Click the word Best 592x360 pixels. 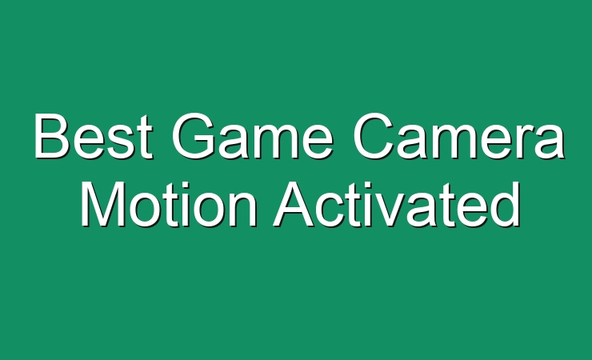(94, 136)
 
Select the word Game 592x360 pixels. (252, 136)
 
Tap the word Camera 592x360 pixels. (458, 136)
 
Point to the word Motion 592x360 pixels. (168, 204)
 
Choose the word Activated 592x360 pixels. (397, 204)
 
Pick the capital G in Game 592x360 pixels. (194, 136)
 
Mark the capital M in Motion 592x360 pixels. (102, 204)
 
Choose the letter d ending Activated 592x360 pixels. (505, 204)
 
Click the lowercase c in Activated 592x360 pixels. (331, 210)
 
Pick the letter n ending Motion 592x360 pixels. (243, 210)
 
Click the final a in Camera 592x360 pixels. (550, 142)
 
